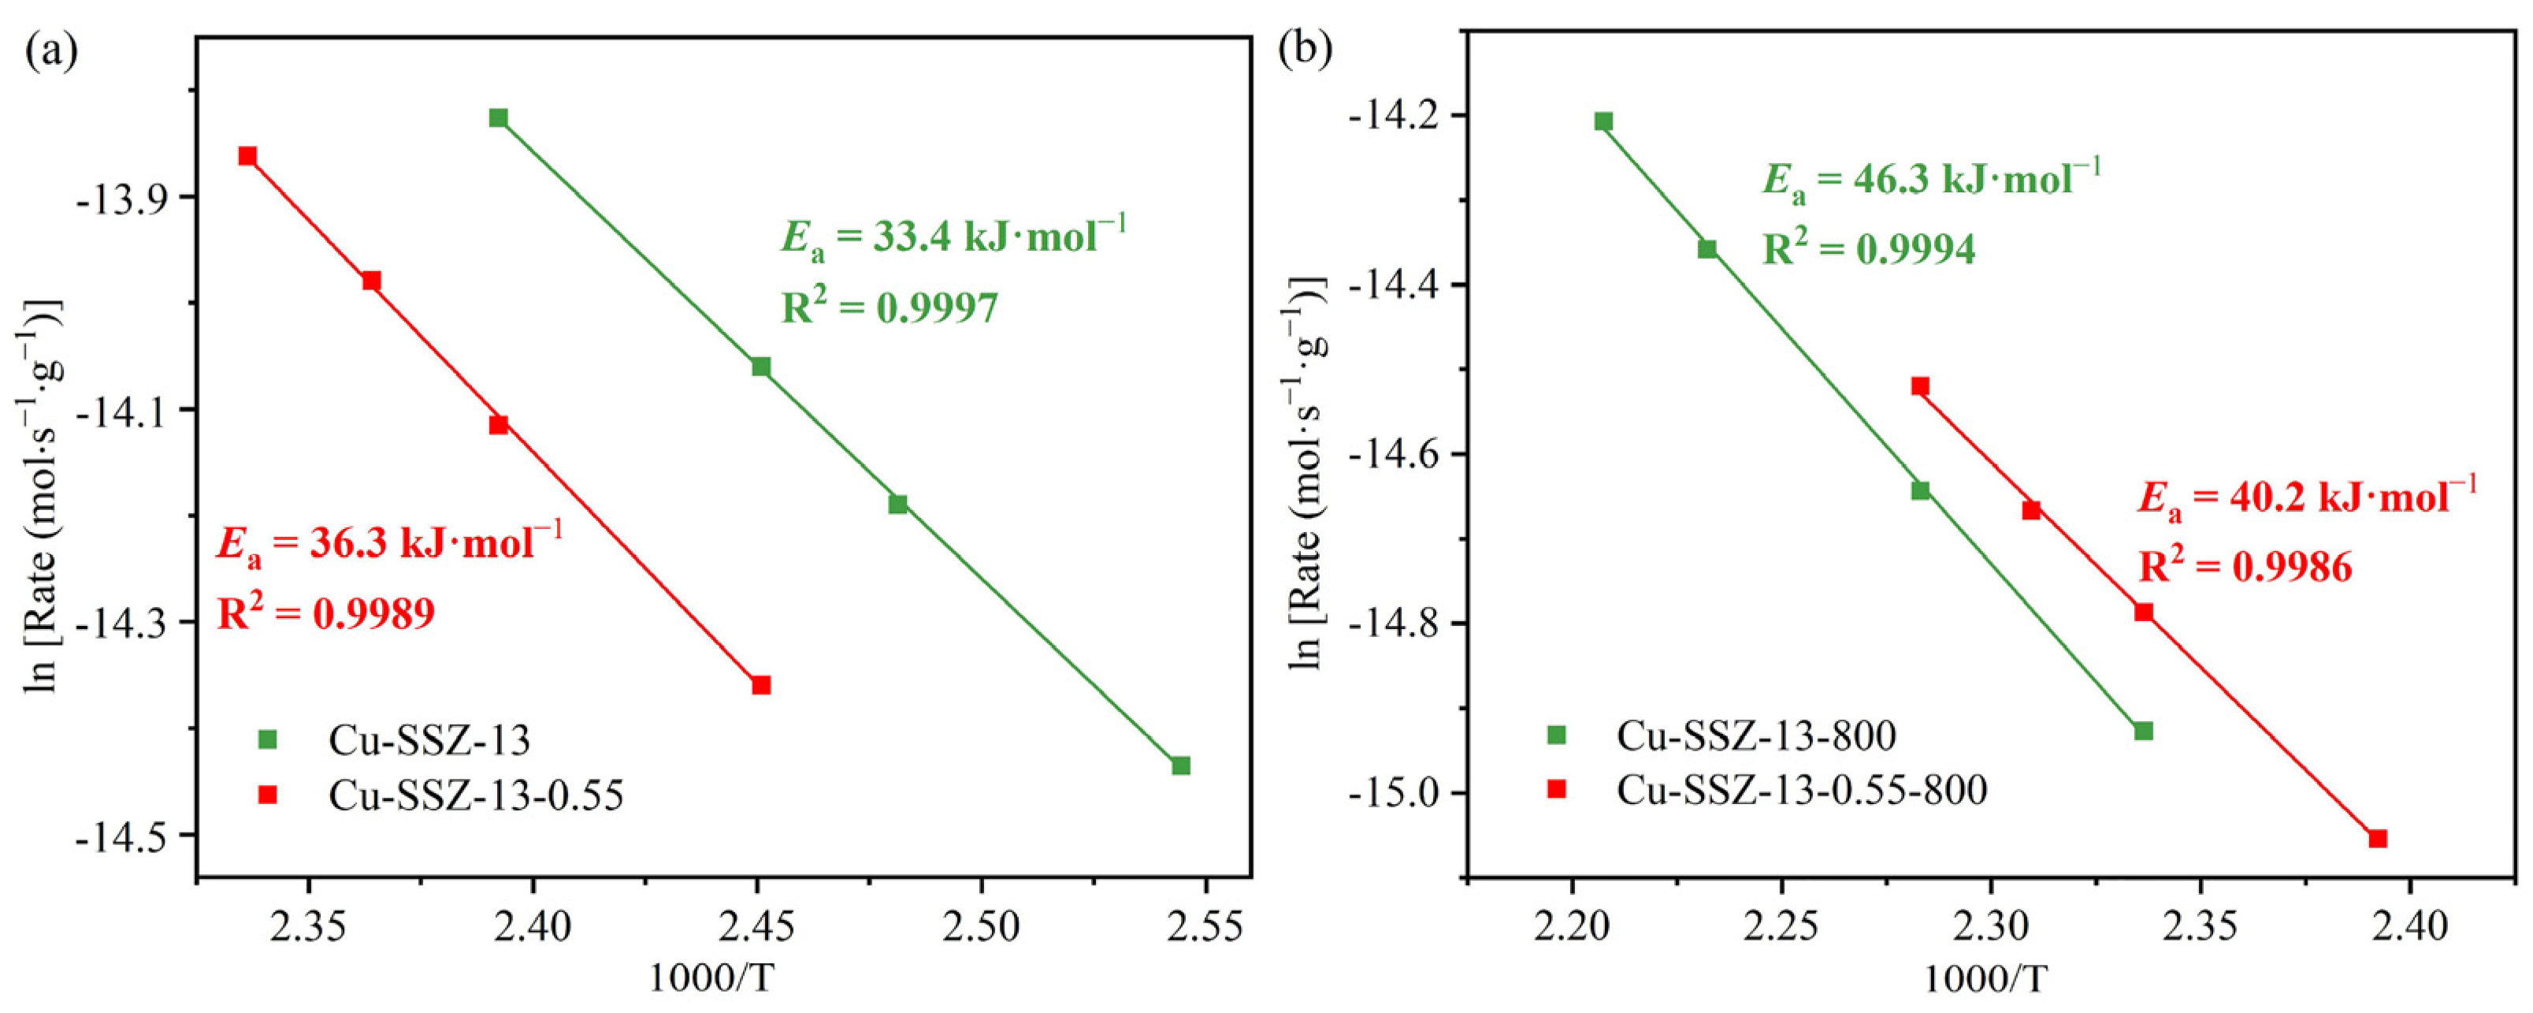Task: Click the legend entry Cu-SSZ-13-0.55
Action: click(x=476, y=795)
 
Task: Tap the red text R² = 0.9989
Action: click(x=325, y=615)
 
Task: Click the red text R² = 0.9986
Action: click(x=2245, y=568)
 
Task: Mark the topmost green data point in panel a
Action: click(x=499, y=118)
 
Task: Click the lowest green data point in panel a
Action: click(x=1181, y=765)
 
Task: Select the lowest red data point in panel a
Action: click(x=761, y=684)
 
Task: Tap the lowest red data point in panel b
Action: click(x=2378, y=838)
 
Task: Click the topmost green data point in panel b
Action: click(x=1604, y=122)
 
